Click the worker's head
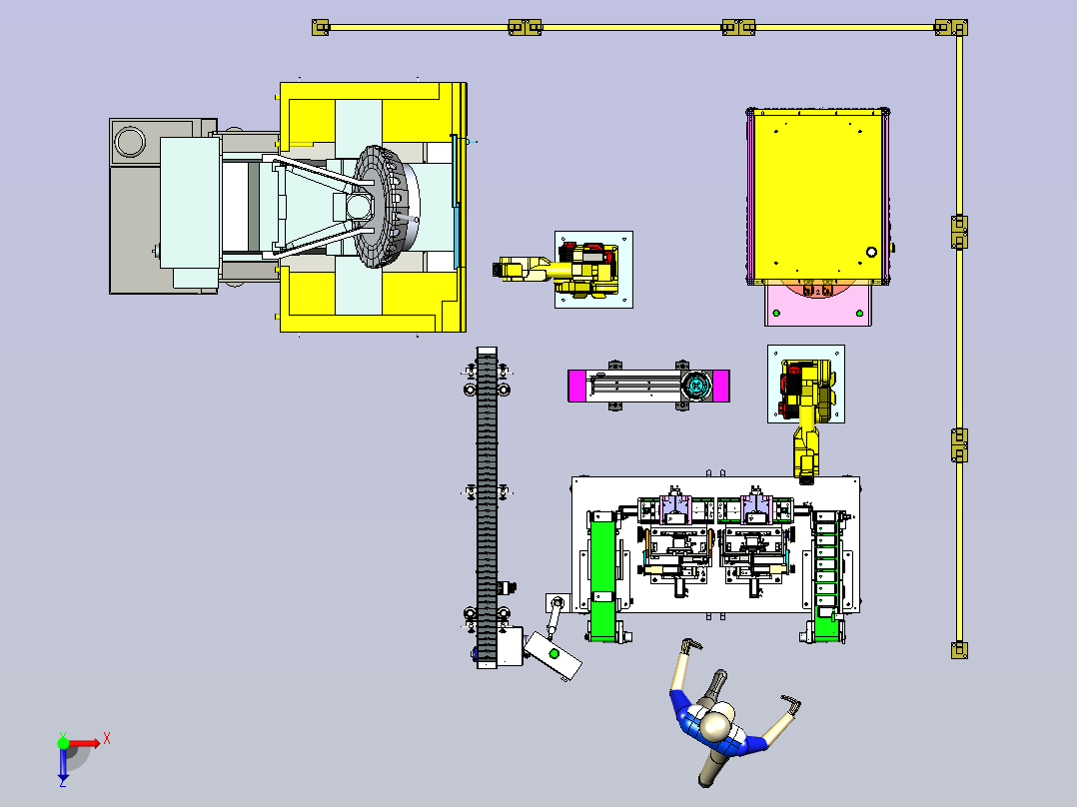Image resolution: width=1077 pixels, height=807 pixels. (x=715, y=725)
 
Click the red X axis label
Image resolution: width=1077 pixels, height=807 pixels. (x=107, y=739)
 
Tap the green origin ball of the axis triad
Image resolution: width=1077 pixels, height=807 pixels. (x=63, y=743)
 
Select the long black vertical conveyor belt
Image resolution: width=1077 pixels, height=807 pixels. (x=487, y=506)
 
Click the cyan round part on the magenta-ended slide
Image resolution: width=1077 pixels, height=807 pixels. (x=697, y=386)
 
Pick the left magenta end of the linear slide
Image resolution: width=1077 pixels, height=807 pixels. (x=576, y=386)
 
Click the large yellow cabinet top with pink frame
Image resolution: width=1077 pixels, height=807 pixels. (x=817, y=196)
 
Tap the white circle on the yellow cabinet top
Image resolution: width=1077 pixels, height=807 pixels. (x=871, y=252)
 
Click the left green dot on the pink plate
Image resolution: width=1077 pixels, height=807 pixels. (x=776, y=314)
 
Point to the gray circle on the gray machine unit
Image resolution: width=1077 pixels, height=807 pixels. (x=130, y=142)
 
